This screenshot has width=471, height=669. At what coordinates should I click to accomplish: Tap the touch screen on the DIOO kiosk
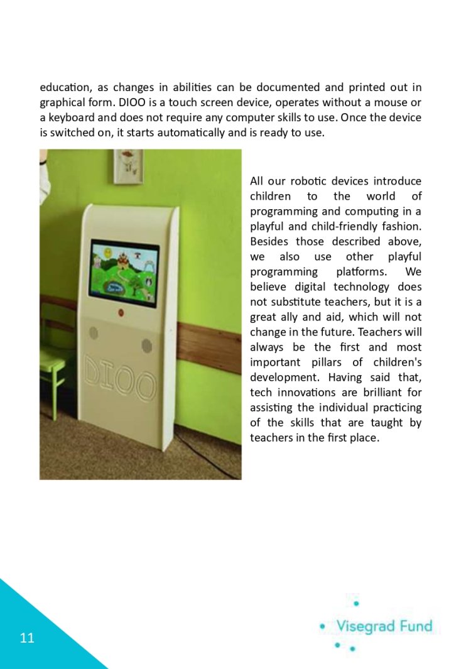pos(124,272)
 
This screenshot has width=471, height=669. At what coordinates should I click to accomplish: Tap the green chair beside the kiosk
pos(53,371)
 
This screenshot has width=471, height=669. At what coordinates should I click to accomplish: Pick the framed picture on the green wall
pos(128,162)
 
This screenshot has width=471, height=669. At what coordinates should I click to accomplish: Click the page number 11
pos(27,638)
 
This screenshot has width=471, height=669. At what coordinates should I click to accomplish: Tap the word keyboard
pos(69,117)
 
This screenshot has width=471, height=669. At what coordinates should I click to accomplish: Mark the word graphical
pos(63,102)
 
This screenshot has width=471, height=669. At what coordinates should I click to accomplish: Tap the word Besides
pos(269,242)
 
